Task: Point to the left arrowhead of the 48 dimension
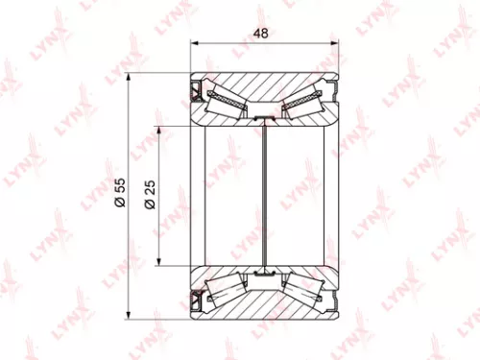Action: [x=195, y=43]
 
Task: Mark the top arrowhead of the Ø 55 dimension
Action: [x=131, y=79]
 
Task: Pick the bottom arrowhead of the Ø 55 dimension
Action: [x=131, y=313]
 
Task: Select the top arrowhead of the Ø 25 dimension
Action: [x=158, y=129]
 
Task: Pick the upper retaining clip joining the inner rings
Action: [x=263, y=117]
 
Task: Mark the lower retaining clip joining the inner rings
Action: [x=263, y=275]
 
